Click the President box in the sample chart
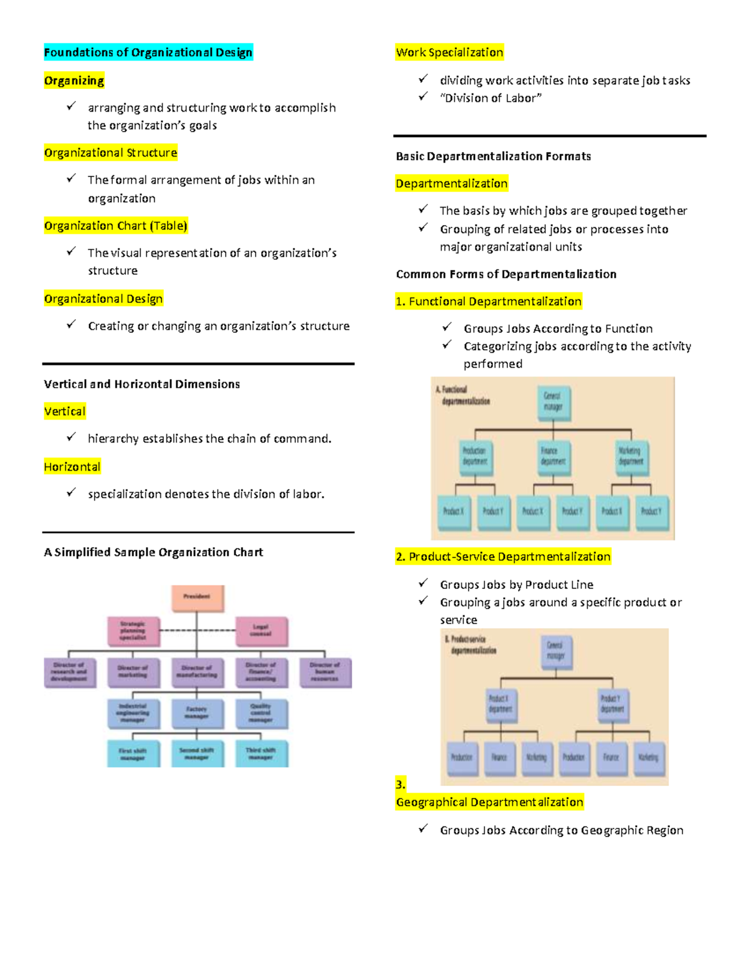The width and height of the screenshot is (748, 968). [197, 598]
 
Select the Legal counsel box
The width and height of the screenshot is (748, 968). [261, 631]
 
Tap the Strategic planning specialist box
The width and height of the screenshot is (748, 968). [133, 631]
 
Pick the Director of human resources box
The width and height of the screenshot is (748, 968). [325, 673]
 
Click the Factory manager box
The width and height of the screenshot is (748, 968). [197, 713]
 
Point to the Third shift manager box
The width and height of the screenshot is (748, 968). [261, 754]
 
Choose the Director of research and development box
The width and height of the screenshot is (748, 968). [70, 673]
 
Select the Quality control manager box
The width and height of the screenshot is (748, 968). [261, 713]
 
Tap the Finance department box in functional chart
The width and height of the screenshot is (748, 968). [553, 457]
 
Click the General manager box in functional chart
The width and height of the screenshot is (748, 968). [553, 402]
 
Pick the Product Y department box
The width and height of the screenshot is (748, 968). [611, 704]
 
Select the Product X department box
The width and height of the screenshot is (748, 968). [500, 704]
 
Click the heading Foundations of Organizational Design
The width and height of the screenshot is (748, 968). [148, 52]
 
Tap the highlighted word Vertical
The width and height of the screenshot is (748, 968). [65, 411]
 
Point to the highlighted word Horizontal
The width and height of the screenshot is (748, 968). [72, 467]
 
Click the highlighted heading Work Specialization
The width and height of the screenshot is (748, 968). [449, 52]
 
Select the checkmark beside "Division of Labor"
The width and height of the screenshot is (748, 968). [423, 97]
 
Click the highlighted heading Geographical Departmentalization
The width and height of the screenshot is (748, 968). [489, 802]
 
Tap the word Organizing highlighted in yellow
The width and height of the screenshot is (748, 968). [74, 80]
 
